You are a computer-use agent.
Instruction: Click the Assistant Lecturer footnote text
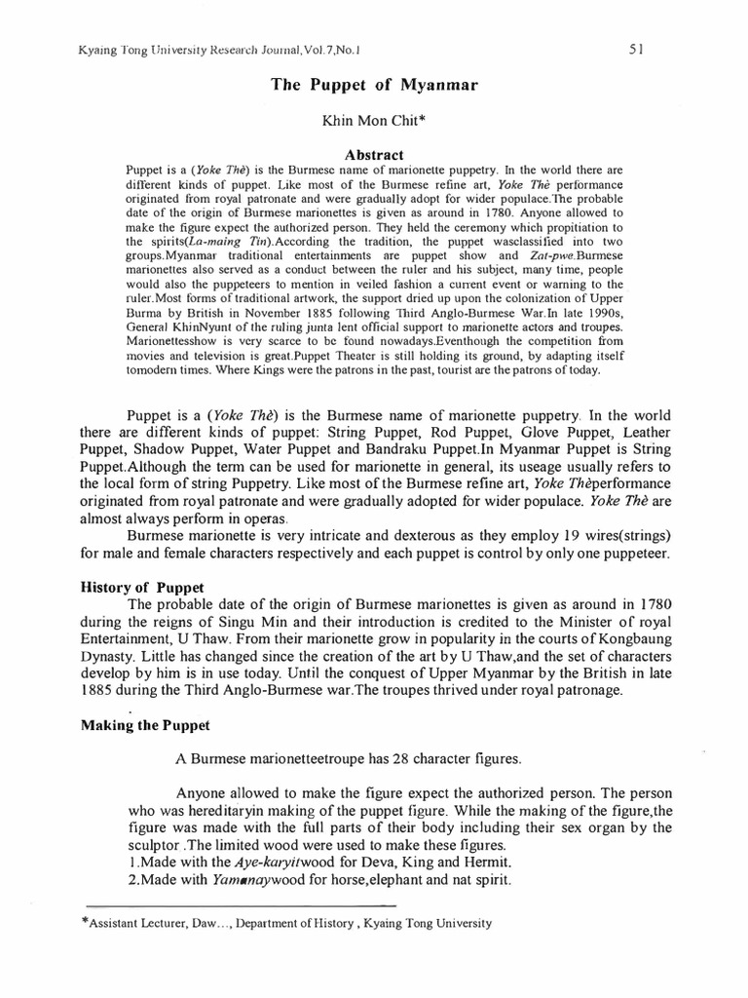pyautogui.click(x=292, y=923)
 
